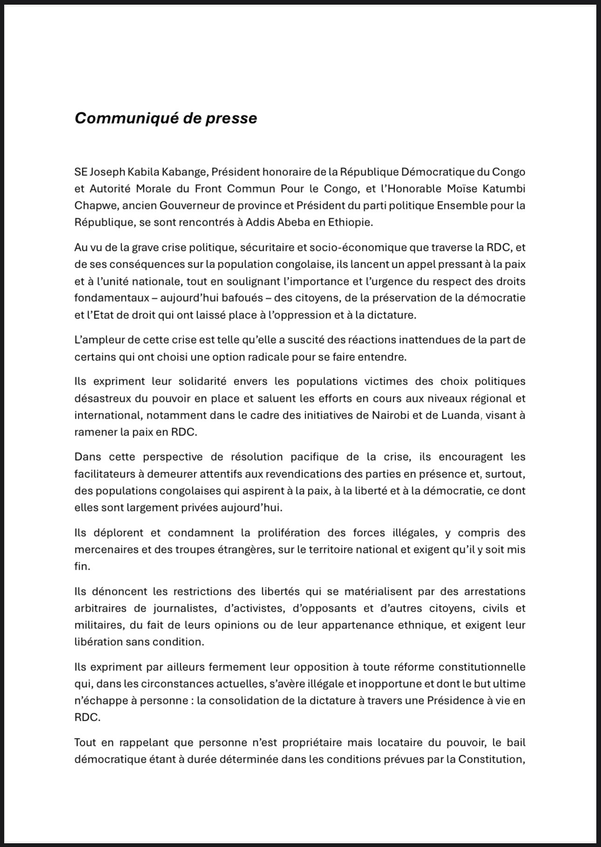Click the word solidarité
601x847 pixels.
(x=202, y=381)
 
